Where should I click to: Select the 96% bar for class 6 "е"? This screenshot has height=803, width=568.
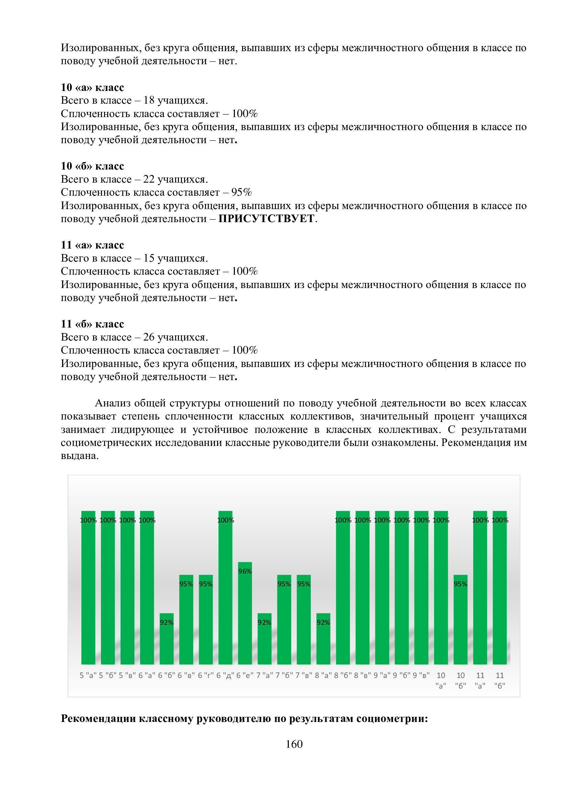pyautogui.click(x=245, y=616)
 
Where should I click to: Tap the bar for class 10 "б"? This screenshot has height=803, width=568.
pyautogui.click(x=460, y=622)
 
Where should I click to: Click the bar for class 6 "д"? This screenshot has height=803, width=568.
pyautogui.click(x=225, y=587)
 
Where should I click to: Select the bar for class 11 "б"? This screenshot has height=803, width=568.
pyautogui.click(x=499, y=587)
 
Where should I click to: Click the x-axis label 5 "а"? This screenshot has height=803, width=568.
pyautogui.click(x=88, y=675)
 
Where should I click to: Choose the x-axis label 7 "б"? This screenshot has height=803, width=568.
pyautogui.click(x=284, y=675)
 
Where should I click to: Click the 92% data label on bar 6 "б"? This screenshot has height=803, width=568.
pyautogui.click(x=167, y=622)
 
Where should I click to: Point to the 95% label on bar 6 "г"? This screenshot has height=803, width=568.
pyautogui.click(x=206, y=584)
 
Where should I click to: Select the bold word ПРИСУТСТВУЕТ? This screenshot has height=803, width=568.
pyautogui.click(x=266, y=219)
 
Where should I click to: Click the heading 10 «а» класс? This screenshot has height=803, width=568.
pyautogui.click(x=92, y=87)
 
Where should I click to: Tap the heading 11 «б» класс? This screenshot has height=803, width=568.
pyautogui.click(x=92, y=324)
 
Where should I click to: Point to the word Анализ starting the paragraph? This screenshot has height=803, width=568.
pyautogui.click(x=112, y=403)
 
